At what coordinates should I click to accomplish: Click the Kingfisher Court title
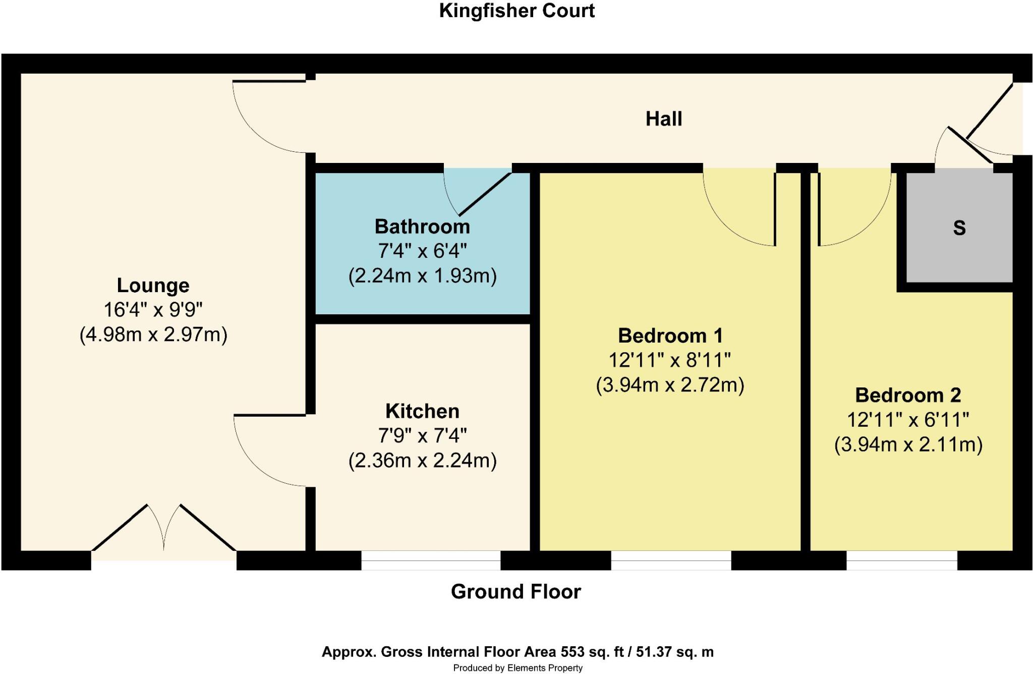click(x=516, y=11)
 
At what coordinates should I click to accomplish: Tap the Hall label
click(x=664, y=119)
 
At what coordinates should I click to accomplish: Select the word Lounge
click(x=153, y=286)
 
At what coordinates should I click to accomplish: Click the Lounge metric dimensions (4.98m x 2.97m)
click(x=153, y=334)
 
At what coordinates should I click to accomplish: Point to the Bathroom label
click(x=422, y=227)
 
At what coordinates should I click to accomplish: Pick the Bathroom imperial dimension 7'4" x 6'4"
click(x=422, y=251)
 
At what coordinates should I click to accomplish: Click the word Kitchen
click(x=422, y=411)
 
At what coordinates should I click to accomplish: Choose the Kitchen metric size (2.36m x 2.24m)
click(x=422, y=460)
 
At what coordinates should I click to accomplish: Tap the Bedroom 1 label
click(x=670, y=335)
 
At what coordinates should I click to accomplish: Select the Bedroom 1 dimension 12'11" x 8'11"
click(x=670, y=360)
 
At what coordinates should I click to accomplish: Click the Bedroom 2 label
click(x=908, y=395)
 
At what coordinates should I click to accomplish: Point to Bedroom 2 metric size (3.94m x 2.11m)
click(x=908, y=444)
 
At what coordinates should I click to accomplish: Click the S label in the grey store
click(x=959, y=228)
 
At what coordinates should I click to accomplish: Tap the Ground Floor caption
click(x=516, y=592)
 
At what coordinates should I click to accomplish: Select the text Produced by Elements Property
click(x=518, y=668)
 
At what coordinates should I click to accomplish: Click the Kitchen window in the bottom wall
click(x=431, y=560)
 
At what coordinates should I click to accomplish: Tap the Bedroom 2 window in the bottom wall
click(x=902, y=560)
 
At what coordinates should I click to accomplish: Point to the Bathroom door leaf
click(x=485, y=194)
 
